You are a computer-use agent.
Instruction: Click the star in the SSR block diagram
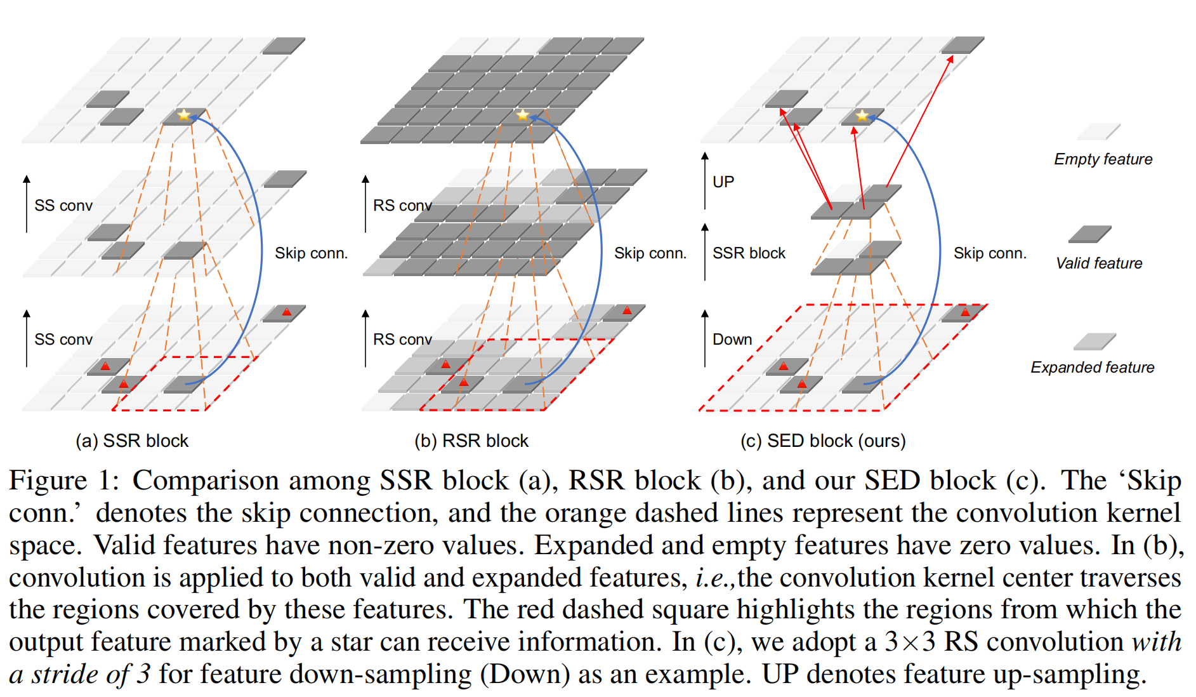click(x=184, y=115)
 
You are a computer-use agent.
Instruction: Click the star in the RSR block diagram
click(x=522, y=115)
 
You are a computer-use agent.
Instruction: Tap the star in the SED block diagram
click(x=862, y=116)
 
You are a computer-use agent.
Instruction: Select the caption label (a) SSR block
click(x=132, y=441)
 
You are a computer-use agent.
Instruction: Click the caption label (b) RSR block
click(x=471, y=441)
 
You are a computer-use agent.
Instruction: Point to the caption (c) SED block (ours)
click(x=823, y=441)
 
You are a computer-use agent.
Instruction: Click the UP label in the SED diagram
click(x=723, y=182)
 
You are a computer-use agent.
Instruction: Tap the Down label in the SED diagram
click(x=732, y=340)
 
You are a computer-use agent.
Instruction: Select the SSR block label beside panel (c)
click(x=749, y=253)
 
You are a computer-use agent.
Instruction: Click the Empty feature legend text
click(x=1103, y=159)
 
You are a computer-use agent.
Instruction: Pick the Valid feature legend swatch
click(x=1089, y=234)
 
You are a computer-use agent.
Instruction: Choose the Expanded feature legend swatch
click(x=1094, y=342)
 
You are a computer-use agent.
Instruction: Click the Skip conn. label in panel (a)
click(x=311, y=253)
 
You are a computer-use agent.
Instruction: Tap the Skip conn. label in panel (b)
click(x=650, y=253)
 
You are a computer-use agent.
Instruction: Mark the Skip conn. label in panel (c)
click(x=990, y=253)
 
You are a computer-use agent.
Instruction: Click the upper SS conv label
click(x=63, y=206)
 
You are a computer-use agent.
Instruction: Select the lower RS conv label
click(x=402, y=340)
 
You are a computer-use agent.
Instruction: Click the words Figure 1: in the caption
click(x=64, y=481)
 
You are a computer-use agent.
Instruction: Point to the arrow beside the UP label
click(x=705, y=181)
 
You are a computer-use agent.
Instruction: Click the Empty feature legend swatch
click(x=1098, y=131)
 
